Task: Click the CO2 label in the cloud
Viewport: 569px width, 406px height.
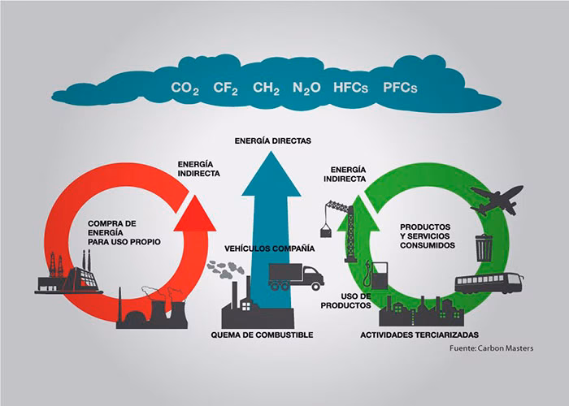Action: [x=185, y=88]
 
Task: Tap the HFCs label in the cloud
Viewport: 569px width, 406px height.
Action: [x=352, y=88]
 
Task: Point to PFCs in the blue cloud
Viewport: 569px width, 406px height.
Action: [x=399, y=88]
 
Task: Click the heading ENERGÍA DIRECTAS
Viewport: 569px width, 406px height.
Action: [x=272, y=140]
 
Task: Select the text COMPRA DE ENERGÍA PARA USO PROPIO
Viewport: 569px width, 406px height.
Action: [x=125, y=231]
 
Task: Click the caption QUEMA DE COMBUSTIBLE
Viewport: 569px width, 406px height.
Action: [x=261, y=335]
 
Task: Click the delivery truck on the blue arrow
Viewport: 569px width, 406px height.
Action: [x=295, y=276]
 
